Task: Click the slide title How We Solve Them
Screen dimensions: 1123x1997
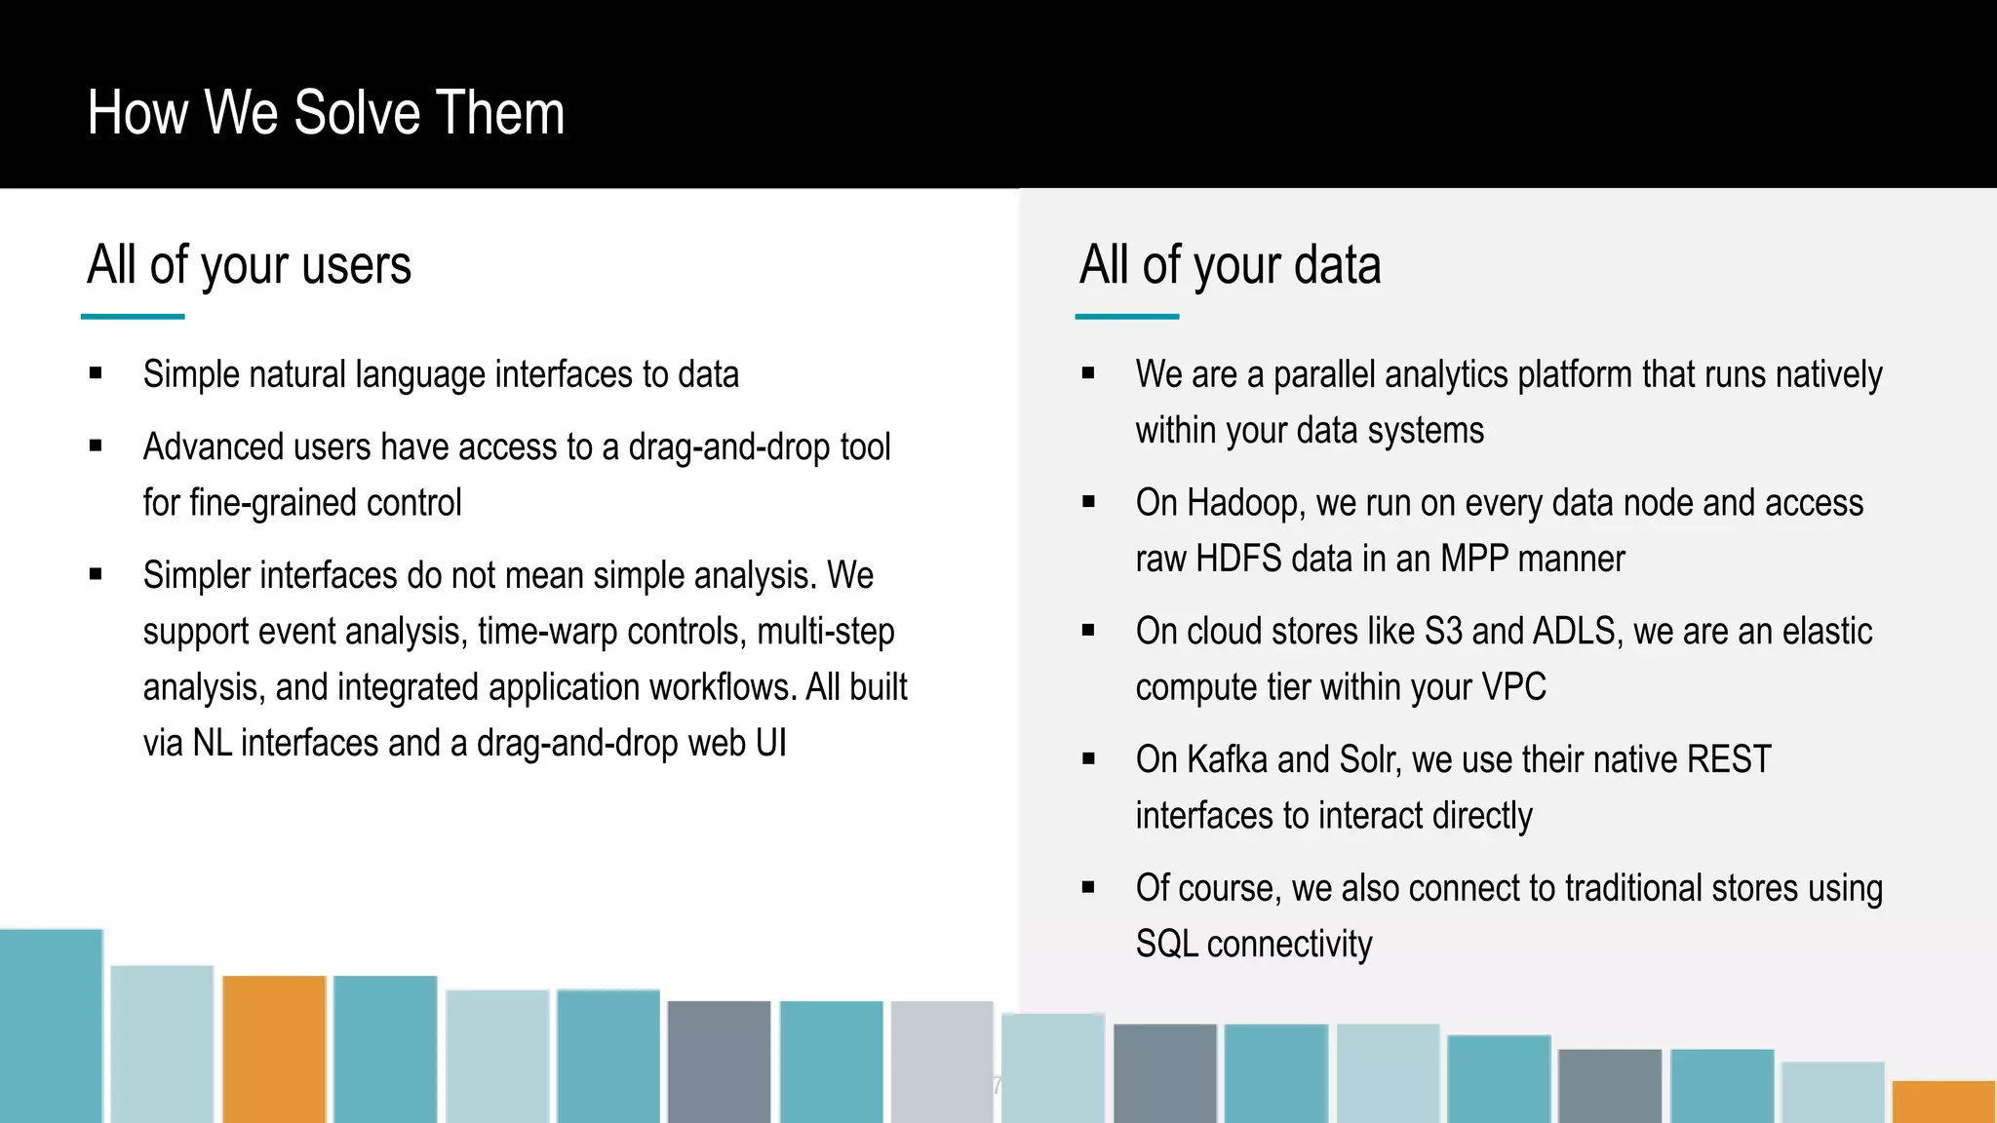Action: [326, 113]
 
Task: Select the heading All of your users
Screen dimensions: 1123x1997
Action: [250, 265]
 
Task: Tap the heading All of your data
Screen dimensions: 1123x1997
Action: [1230, 265]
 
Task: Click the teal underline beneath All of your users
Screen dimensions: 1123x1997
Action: [133, 316]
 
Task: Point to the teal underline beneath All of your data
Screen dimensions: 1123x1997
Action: [1126, 316]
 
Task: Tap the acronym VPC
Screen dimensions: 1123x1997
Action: [1513, 687]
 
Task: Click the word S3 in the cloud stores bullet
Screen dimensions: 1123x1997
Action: [1443, 632]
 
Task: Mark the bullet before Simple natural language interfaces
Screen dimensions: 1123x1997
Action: [96, 373]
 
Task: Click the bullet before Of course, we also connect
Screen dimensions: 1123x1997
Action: [1088, 887]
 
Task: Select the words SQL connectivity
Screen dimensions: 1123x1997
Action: [1254, 944]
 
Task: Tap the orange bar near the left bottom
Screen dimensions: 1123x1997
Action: [274, 1048]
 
